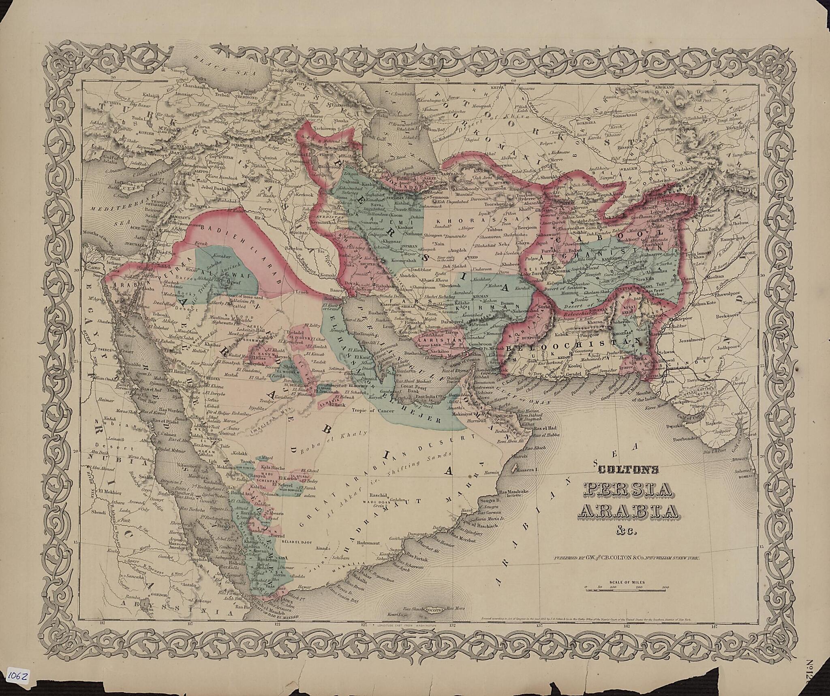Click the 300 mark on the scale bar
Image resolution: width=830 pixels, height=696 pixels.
pyautogui.click(x=665, y=587)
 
